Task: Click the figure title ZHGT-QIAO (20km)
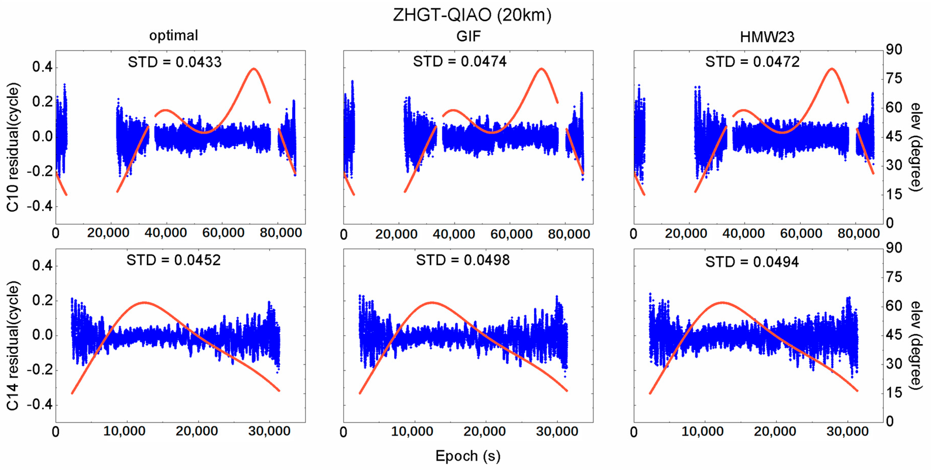(x=472, y=15)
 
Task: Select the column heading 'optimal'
(x=173, y=35)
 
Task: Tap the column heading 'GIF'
(x=468, y=37)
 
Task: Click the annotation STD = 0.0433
(x=174, y=62)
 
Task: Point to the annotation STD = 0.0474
(x=460, y=61)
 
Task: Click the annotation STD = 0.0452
(x=173, y=260)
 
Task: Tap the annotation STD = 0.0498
(x=463, y=260)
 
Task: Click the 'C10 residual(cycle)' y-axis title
(x=13, y=147)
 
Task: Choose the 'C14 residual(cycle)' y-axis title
(x=13, y=346)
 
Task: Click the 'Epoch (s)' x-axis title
(x=468, y=456)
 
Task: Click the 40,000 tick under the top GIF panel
(x=454, y=234)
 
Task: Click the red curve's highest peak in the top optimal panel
(x=254, y=69)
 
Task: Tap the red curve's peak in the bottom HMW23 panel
(x=722, y=302)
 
